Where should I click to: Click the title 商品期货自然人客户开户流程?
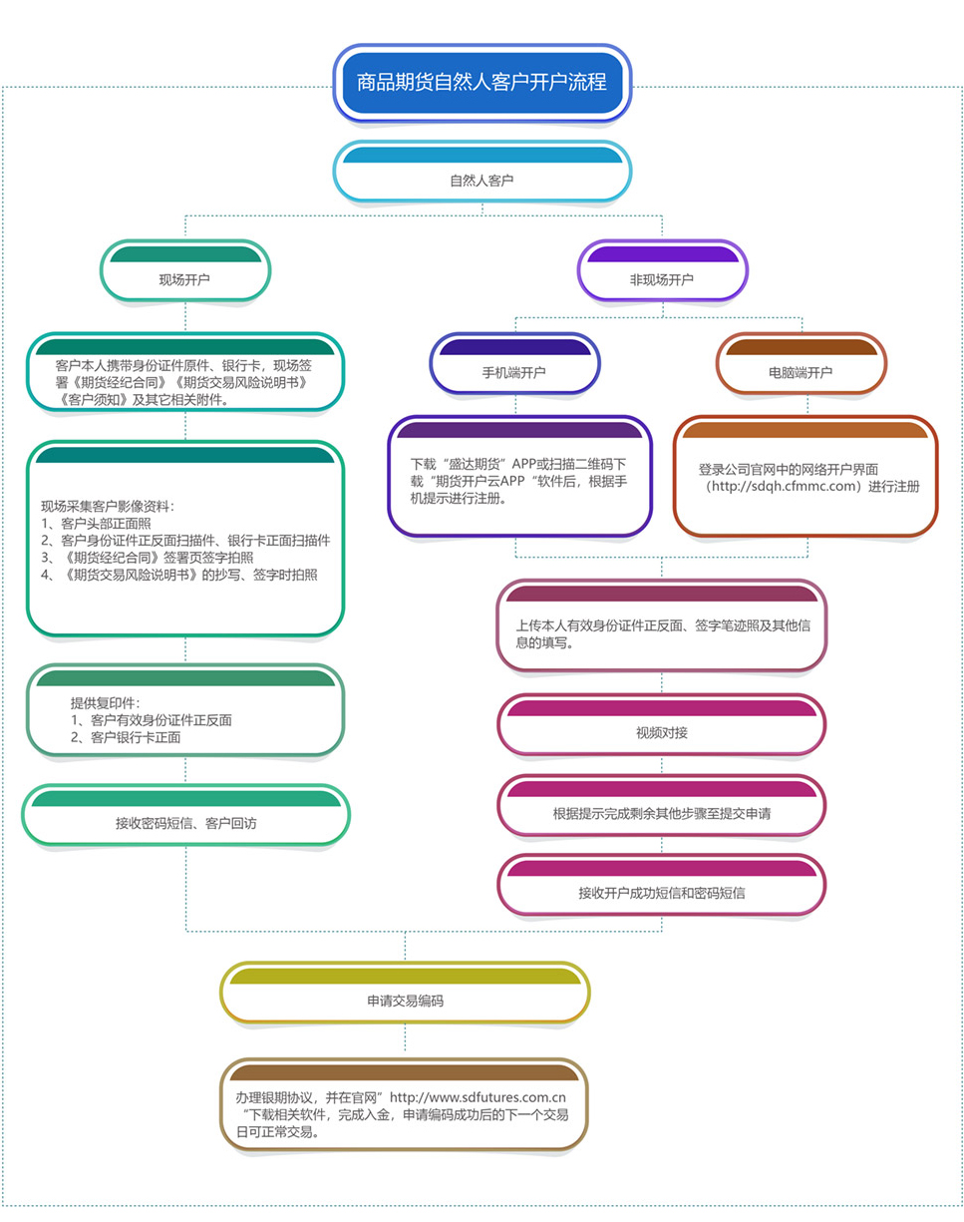click(482, 83)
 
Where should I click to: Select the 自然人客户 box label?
click(482, 181)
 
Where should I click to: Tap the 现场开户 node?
click(185, 271)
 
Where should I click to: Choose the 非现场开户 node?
click(662, 271)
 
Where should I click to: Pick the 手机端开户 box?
click(514, 364)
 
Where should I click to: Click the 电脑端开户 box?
click(801, 364)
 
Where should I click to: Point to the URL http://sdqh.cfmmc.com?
click(784, 486)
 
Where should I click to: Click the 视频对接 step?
click(662, 724)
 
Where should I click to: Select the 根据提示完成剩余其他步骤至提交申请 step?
click(662, 805)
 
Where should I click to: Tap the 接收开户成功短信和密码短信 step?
click(662, 885)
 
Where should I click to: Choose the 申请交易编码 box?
click(405, 993)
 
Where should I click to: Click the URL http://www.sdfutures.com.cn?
click(478, 1097)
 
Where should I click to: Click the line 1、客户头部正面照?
click(96, 523)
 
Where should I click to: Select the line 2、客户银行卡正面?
click(126, 737)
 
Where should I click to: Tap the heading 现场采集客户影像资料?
click(106, 506)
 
